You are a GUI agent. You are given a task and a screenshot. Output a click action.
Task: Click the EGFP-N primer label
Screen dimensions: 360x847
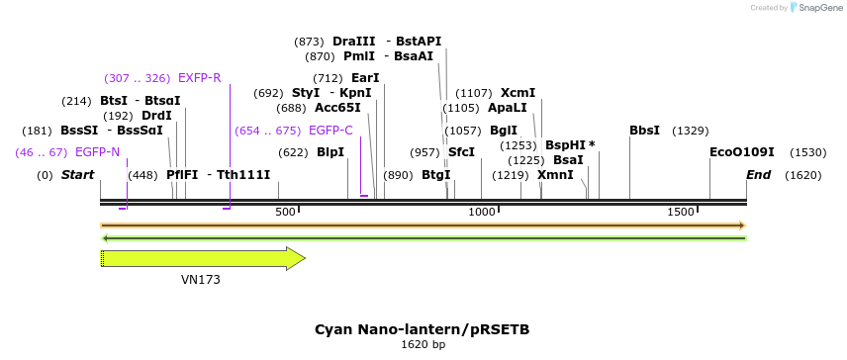click(x=97, y=152)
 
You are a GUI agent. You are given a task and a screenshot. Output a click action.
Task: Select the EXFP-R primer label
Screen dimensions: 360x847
click(x=200, y=78)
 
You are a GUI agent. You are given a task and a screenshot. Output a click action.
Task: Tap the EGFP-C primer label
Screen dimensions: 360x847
click(x=330, y=131)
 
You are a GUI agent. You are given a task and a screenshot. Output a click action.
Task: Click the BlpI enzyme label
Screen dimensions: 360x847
click(x=330, y=152)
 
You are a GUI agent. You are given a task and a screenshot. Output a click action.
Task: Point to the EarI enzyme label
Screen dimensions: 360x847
click(x=365, y=78)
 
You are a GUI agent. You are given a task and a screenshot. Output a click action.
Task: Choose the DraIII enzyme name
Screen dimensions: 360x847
click(x=354, y=42)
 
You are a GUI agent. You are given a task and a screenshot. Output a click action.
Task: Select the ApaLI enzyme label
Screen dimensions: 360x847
click(x=508, y=108)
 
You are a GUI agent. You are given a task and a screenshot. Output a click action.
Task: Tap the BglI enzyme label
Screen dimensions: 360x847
click(x=504, y=131)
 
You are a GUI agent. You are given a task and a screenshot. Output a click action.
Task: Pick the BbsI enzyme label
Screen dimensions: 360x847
click(x=644, y=131)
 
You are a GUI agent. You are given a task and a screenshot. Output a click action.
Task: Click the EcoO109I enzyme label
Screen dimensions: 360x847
click(x=742, y=152)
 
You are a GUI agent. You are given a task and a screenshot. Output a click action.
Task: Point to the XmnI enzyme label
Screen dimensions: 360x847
click(x=555, y=175)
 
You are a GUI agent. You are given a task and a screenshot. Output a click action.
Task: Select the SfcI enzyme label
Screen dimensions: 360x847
click(x=461, y=152)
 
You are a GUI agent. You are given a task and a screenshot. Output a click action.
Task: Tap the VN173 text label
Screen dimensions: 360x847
click(x=201, y=280)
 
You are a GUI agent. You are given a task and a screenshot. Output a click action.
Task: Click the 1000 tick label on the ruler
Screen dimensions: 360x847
click(x=482, y=213)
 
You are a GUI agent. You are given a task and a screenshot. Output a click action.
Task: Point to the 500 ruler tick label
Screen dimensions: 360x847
click(x=285, y=213)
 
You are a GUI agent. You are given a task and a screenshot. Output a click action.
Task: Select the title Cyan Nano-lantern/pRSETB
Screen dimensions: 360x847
click(x=423, y=329)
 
